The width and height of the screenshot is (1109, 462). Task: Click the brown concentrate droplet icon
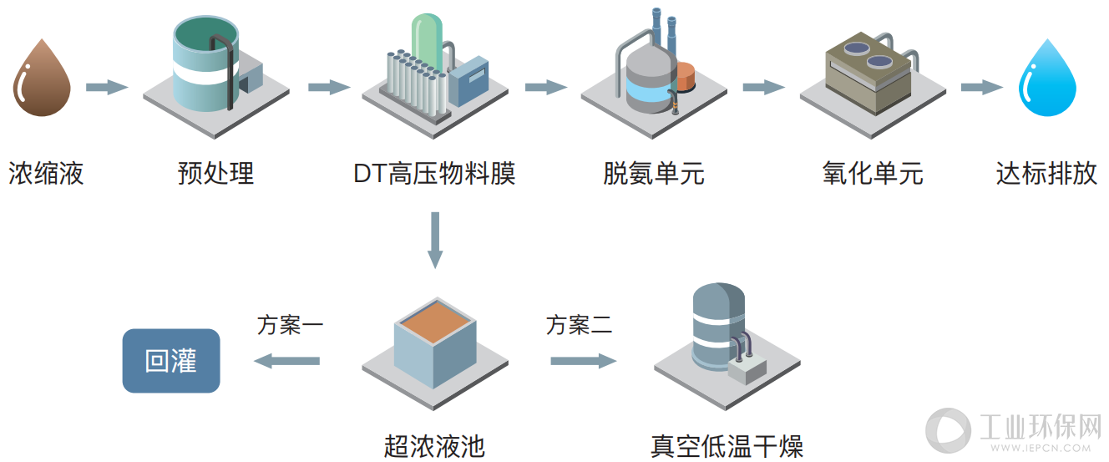tap(42, 79)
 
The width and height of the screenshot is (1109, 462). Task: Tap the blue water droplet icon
tap(1047, 79)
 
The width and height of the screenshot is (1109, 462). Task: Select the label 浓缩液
tap(46, 173)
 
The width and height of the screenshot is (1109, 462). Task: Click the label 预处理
tap(215, 173)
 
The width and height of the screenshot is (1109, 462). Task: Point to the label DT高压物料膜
tap(435, 173)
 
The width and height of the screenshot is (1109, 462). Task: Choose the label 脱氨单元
tap(654, 173)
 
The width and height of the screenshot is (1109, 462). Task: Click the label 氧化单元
tap(873, 173)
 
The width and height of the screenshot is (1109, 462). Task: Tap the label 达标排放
tap(1046, 173)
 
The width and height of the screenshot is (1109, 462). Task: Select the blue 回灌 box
tap(171, 360)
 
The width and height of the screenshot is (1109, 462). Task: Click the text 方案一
tap(290, 325)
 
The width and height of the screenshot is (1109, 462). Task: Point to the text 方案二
tap(580, 325)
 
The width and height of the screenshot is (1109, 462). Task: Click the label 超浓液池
tap(435, 446)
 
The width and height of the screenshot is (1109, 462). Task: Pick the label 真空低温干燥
tap(727, 446)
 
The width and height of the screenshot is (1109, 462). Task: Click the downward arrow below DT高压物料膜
tap(435, 240)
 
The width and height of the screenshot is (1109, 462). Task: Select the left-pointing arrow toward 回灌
tap(286, 361)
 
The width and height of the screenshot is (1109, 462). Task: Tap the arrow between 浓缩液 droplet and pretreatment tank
tap(107, 88)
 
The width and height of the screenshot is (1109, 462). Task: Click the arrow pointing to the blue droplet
tap(982, 88)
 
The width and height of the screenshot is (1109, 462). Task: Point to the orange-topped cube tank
tap(435, 343)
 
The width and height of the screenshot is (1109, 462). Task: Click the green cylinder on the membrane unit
tap(427, 42)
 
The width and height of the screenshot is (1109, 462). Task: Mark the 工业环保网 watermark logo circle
tap(948, 429)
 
